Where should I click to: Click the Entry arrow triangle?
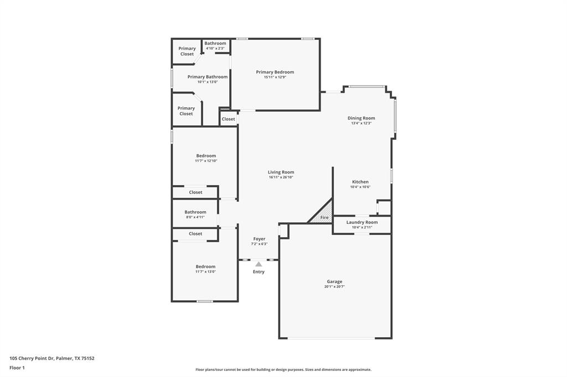pyautogui.click(x=259, y=264)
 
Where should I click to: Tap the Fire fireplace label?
pyautogui.click(x=324, y=218)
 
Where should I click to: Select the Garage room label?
pyautogui.click(x=334, y=281)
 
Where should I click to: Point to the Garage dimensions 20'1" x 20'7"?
pyautogui.click(x=334, y=287)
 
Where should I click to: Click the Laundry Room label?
pyautogui.click(x=362, y=222)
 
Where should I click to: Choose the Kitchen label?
pyautogui.click(x=360, y=182)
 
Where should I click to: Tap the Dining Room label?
pyautogui.click(x=361, y=118)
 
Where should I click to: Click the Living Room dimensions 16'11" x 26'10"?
pyautogui.click(x=281, y=177)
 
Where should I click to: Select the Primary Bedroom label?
pyautogui.click(x=275, y=72)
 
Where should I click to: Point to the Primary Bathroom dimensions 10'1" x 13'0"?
pyautogui.click(x=207, y=82)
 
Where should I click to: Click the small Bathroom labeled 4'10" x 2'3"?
pyautogui.click(x=215, y=43)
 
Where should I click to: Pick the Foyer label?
pyautogui.click(x=259, y=239)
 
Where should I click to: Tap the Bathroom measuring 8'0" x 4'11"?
pyautogui.click(x=195, y=212)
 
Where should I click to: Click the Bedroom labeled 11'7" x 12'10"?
pyautogui.click(x=205, y=156)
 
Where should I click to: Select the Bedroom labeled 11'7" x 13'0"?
pyautogui.click(x=205, y=266)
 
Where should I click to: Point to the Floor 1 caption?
pyautogui.click(x=17, y=368)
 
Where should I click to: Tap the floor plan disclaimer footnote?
pyautogui.click(x=283, y=370)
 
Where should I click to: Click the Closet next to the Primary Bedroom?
pyautogui.click(x=228, y=119)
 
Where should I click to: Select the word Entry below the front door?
pyautogui.click(x=259, y=272)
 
